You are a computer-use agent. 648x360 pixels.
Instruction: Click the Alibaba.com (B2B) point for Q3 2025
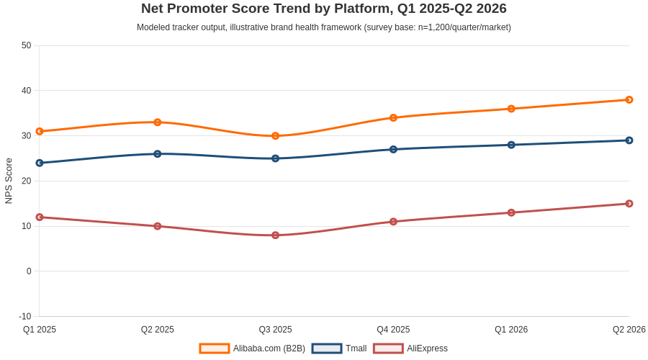275,136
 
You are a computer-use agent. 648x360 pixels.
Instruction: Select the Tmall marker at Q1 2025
40,163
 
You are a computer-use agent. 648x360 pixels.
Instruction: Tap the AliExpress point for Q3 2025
275,235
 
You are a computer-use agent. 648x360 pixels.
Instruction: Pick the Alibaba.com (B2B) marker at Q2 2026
629,99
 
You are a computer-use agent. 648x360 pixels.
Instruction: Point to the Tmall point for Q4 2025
393,149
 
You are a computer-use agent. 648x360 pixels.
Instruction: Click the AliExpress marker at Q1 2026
511,212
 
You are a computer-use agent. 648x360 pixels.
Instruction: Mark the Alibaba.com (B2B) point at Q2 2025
158,122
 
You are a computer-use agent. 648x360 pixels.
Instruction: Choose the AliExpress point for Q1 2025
40,217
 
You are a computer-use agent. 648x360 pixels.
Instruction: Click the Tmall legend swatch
327,348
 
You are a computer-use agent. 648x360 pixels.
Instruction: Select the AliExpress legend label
427,348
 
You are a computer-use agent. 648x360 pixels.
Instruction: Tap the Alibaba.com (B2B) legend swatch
214,348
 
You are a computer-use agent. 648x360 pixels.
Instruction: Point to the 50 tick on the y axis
27,45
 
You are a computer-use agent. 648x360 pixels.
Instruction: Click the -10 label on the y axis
24,317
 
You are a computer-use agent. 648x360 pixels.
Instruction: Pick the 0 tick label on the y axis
29,271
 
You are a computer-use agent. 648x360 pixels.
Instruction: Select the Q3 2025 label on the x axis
275,330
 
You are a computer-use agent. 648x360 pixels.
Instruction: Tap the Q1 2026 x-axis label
511,330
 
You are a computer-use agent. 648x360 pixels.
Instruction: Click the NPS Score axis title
9,181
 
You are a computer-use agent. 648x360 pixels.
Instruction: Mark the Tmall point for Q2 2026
629,140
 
